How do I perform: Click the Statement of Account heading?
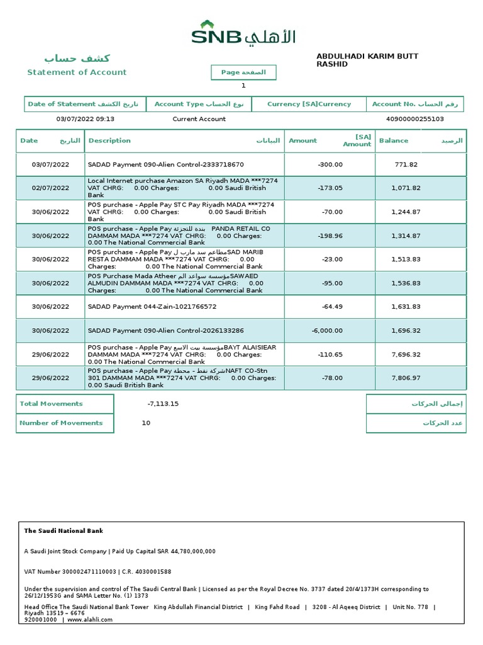pos(77,72)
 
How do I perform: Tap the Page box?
pos(243,72)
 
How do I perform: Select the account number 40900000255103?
pos(414,119)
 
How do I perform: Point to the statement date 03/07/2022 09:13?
pos(86,119)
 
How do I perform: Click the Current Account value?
pos(199,119)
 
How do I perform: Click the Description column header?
pos(110,141)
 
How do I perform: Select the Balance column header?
pos(394,141)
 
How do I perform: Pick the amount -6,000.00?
pos(327,331)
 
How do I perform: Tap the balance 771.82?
pos(406,165)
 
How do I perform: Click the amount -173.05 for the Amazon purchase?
pos(330,188)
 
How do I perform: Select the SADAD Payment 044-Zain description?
pos(152,307)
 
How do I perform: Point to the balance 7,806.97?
pos(406,379)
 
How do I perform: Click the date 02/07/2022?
pos(50,188)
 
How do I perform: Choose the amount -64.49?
pos(331,307)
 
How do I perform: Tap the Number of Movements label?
pos(61,423)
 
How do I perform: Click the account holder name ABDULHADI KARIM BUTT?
pos(367,57)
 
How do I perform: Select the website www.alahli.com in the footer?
pos(90,619)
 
